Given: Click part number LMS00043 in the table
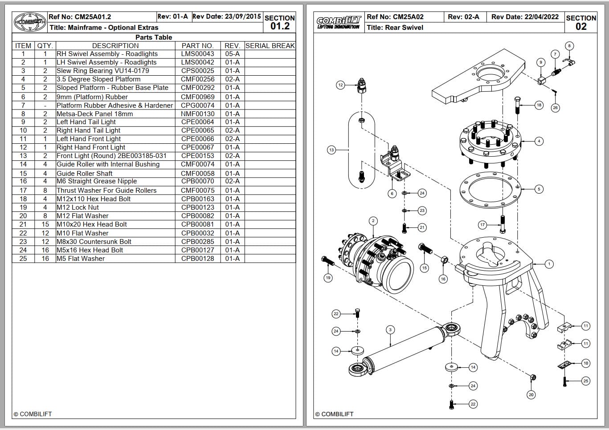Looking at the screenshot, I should pyautogui.click(x=197, y=54).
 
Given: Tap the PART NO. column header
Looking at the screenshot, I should pyautogui.click(x=197, y=45).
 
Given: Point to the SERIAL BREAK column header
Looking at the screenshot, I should pyautogui.click(x=270, y=45).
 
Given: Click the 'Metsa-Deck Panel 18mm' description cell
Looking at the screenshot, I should pyautogui.click(x=94, y=114).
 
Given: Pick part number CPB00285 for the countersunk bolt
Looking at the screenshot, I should pyautogui.click(x=197, y=242).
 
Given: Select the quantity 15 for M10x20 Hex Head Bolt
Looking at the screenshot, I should pyautogui.click(x=45, y=224).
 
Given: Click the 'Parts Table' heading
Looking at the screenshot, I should pyautogui.click(x=154, y=37).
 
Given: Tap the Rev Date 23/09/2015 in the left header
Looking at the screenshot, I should pyautogui.click(x=227, y=16).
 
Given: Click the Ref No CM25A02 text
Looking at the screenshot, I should pyautogui.click(x=395, y=17).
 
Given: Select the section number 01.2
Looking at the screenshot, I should pyautogui.click(x=280, y=26).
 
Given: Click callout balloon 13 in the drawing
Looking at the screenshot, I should pyautogui.click(x=331, y=150).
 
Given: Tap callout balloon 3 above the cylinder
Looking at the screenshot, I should pyautogui.click(x=390, y=330).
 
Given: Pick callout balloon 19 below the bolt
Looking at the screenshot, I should pyautogui.click(x=328, y=278).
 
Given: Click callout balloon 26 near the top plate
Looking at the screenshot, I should pyautogui.click(x=555, y=108).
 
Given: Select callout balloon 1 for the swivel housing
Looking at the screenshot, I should pyautogui.click(x=549, y=264).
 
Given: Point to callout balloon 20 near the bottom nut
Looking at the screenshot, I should pyautogui.click(x=531, y=394).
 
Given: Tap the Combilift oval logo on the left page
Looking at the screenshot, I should pyautogui.click(x=30, y=21).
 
